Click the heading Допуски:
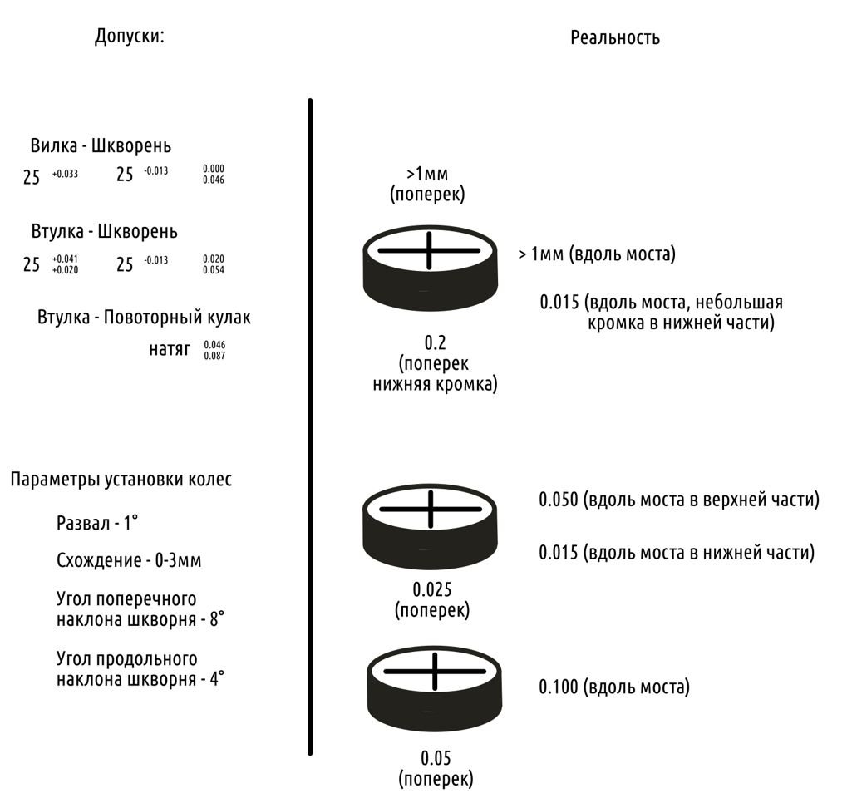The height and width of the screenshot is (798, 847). [x=129, y=37]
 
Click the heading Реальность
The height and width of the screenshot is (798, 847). [x=615, y=37]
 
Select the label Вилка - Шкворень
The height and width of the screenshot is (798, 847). [x=101, y=146]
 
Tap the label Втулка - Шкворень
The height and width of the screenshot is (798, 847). [x=104, y=231]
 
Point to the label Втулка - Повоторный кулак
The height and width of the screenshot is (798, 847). [x=144, y=318]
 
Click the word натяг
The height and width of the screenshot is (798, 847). [x=170, y=349]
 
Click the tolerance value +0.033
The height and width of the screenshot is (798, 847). [x=65, y=174]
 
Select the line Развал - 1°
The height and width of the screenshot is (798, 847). [x=96, y=524]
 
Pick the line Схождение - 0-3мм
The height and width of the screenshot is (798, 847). [x=129, y=560]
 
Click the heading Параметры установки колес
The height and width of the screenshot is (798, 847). [x=121, y=480]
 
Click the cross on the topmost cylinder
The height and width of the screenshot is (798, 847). [x=429, y=250]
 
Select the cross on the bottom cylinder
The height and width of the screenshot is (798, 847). [x=435, y=671]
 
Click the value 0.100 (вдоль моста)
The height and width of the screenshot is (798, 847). [x=614, y=687]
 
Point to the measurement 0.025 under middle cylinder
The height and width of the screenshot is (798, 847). [x=432, y=589]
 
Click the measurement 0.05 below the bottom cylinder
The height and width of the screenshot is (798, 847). [x=436, y=758]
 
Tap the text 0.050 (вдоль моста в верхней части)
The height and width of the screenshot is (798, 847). [x=679, y=500]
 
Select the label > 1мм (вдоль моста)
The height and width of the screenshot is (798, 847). [x=596, y=254]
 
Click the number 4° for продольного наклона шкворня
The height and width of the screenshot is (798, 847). [x=217, y=678]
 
